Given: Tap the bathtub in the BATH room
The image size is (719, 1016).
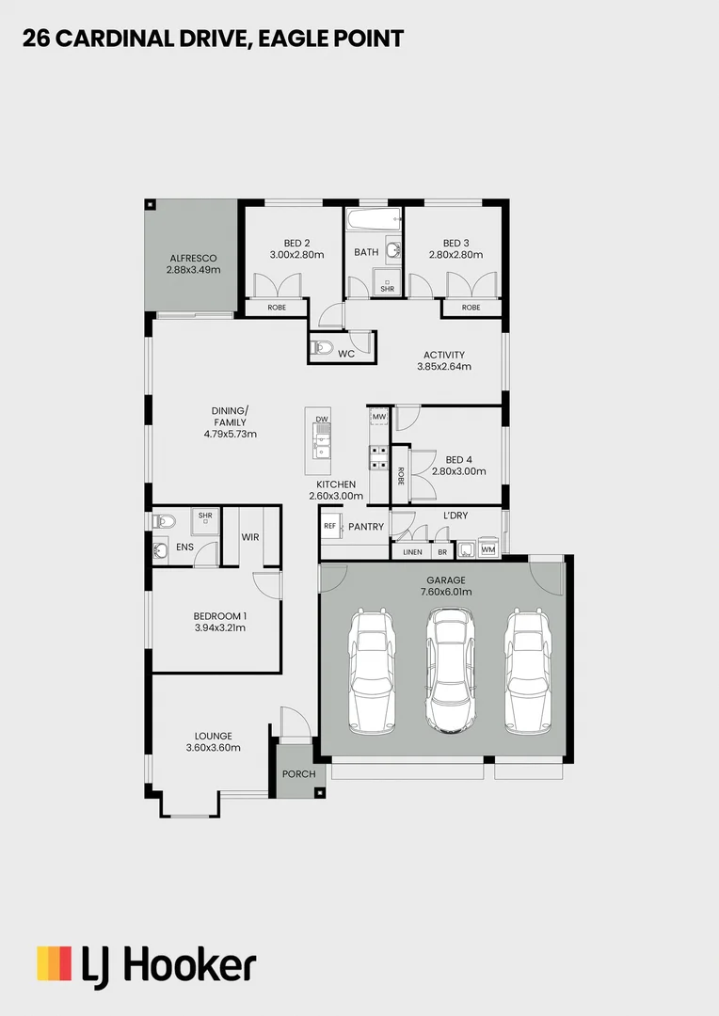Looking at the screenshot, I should click(374, 223).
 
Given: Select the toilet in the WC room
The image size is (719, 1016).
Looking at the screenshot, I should click(322, 348).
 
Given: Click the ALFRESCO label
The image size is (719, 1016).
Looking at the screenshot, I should click(193, 258).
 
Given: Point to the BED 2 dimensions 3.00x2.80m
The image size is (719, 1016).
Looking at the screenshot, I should click(296, 255).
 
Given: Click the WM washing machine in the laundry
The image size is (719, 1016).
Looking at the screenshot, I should click(488, 548).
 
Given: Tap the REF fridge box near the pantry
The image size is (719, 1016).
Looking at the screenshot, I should click(329, 527).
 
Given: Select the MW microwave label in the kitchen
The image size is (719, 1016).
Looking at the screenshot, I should click(379, 416).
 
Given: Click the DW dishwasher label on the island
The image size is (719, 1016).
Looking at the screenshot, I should click(322, 419).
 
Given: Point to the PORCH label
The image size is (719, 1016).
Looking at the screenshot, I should click(299, 774).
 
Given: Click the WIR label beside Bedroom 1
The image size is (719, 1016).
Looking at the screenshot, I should click(250, 537).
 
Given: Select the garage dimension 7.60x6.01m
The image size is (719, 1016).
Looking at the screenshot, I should click(446, 592).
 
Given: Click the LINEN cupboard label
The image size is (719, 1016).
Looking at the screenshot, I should click(412, 552).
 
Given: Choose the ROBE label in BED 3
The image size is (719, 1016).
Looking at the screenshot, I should click(471, 308).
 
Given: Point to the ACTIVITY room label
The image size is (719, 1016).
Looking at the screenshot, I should click(443, 355).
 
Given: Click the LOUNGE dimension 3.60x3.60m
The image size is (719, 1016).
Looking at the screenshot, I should click(213, 748).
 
